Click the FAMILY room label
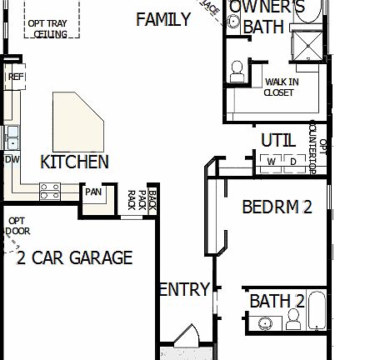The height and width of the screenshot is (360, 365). point(163,19)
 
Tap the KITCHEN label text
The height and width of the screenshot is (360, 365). point(75,162)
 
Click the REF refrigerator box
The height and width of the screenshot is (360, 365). point(15,77)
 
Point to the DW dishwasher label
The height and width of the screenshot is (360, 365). point(12,158)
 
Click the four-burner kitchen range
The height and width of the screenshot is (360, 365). point(51,192)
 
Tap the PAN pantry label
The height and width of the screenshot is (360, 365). point(92,192)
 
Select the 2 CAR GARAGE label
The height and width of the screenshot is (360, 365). point(75,257)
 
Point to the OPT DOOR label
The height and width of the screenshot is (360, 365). point(17,226)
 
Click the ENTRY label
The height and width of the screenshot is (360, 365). point(183,290)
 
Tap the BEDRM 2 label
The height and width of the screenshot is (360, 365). point(277,207)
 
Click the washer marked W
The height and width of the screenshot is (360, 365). point(272,161)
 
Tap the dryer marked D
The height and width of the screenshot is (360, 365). point(292,161)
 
